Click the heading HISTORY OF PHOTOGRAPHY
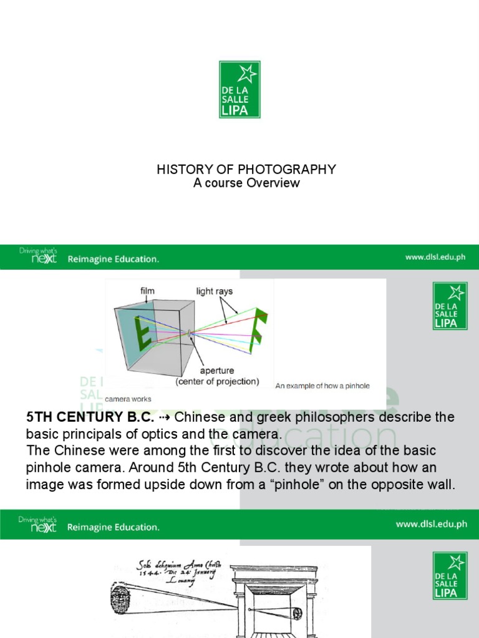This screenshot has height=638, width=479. click(246, 169)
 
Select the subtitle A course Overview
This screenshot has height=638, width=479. click(246, 183)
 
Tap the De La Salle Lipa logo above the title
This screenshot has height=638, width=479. click(239, 90)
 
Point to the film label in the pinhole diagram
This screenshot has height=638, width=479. click(147, 290)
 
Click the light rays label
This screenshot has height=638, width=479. click(214, 291)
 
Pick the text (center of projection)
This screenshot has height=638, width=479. click(217, 381)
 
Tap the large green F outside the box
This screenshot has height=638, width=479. click(258, 331)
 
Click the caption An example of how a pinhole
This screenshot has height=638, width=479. click(322, 386)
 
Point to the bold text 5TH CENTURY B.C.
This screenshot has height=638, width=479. click(90, 417)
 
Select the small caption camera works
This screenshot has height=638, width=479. click(127, 399)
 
